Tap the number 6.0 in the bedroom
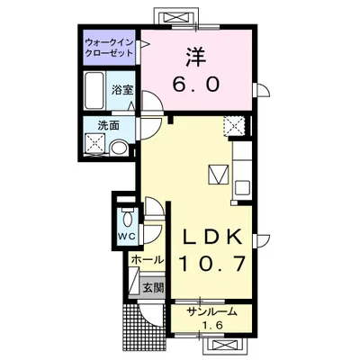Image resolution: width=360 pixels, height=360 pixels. click(196, 84)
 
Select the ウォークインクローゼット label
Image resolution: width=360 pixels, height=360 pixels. click(109, 48)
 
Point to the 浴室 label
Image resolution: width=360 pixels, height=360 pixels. click(122, 90)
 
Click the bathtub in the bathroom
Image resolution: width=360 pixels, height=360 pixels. click(94, 90)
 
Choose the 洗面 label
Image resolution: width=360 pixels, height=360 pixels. click(108, 125)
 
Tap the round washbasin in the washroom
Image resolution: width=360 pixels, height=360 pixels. click(119, 148)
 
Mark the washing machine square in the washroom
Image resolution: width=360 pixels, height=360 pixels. click(95, 144)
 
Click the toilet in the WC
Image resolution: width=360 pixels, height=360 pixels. click(127, 217)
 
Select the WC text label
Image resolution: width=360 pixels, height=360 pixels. click(127, 236)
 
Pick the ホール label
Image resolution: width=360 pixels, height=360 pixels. click(148, 259)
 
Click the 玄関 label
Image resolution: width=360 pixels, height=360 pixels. click(153, 288)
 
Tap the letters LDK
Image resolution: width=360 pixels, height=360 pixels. click(212, 238)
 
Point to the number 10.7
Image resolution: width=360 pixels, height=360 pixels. click(212, 264)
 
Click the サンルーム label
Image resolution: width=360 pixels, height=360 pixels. click(211, 312)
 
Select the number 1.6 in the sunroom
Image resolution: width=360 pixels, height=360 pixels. click(212, 325)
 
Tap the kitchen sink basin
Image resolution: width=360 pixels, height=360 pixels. click(243, 188)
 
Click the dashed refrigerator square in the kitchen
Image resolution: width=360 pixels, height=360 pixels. click(234, 125)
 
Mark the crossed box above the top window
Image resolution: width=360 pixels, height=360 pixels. click(176, 17)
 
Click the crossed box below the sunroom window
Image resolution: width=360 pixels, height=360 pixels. click(225, 345)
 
